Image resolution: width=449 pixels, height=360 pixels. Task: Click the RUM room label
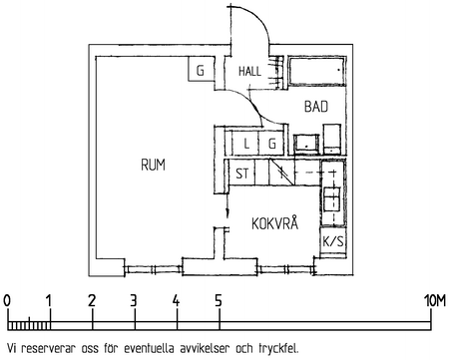tap(153, 165)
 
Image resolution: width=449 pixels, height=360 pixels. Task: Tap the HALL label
tap(249, 71)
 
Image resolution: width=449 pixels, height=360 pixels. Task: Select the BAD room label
tap(316, 107)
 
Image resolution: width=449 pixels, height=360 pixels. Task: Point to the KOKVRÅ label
tap(274, 223)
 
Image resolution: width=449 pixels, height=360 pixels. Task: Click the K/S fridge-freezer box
tap(333, 241)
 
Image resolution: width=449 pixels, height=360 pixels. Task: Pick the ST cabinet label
tap(242, 174)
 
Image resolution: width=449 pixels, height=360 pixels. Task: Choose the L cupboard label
tap(246, 144)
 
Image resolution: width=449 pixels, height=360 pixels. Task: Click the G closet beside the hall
tap(200, 71)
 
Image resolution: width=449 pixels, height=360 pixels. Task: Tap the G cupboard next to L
tap(272, 144)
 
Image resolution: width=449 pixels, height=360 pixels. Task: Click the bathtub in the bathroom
tap(317, 72)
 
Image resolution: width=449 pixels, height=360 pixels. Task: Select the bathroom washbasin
tap(306, 145)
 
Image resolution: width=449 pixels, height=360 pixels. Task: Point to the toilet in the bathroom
tap(332, 139)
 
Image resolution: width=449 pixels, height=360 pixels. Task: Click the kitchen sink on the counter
tap(332, 199)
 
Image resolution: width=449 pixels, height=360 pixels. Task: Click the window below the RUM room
tap(153, 269)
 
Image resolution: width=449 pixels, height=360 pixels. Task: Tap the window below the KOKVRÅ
tap(286, 269)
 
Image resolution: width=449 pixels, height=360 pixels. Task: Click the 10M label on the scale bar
tap(434, 301)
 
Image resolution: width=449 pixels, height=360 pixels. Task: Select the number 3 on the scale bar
tap(134, 301)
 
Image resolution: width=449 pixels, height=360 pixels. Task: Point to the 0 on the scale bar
tap(7, 301)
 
